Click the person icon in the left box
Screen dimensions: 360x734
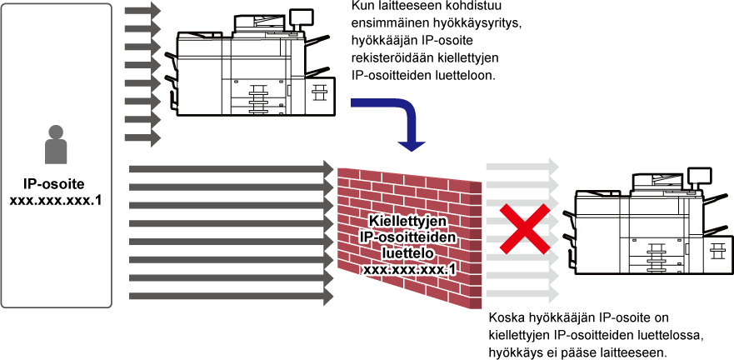click(x=56, y=146)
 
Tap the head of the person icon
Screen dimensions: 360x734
click(x=56, y=132)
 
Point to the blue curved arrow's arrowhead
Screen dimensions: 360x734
click(x=412, y=144)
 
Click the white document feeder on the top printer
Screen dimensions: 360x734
click(x=259, y=22)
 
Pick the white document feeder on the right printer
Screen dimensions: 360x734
click(x=657, y=181)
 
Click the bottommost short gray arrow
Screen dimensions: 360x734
click(x=142, y=138)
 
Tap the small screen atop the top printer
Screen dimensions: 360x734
click(x=302, y=16)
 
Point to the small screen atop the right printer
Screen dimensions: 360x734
click(x=700, y=175)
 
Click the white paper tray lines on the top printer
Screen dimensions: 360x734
click(x=259, y=101)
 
